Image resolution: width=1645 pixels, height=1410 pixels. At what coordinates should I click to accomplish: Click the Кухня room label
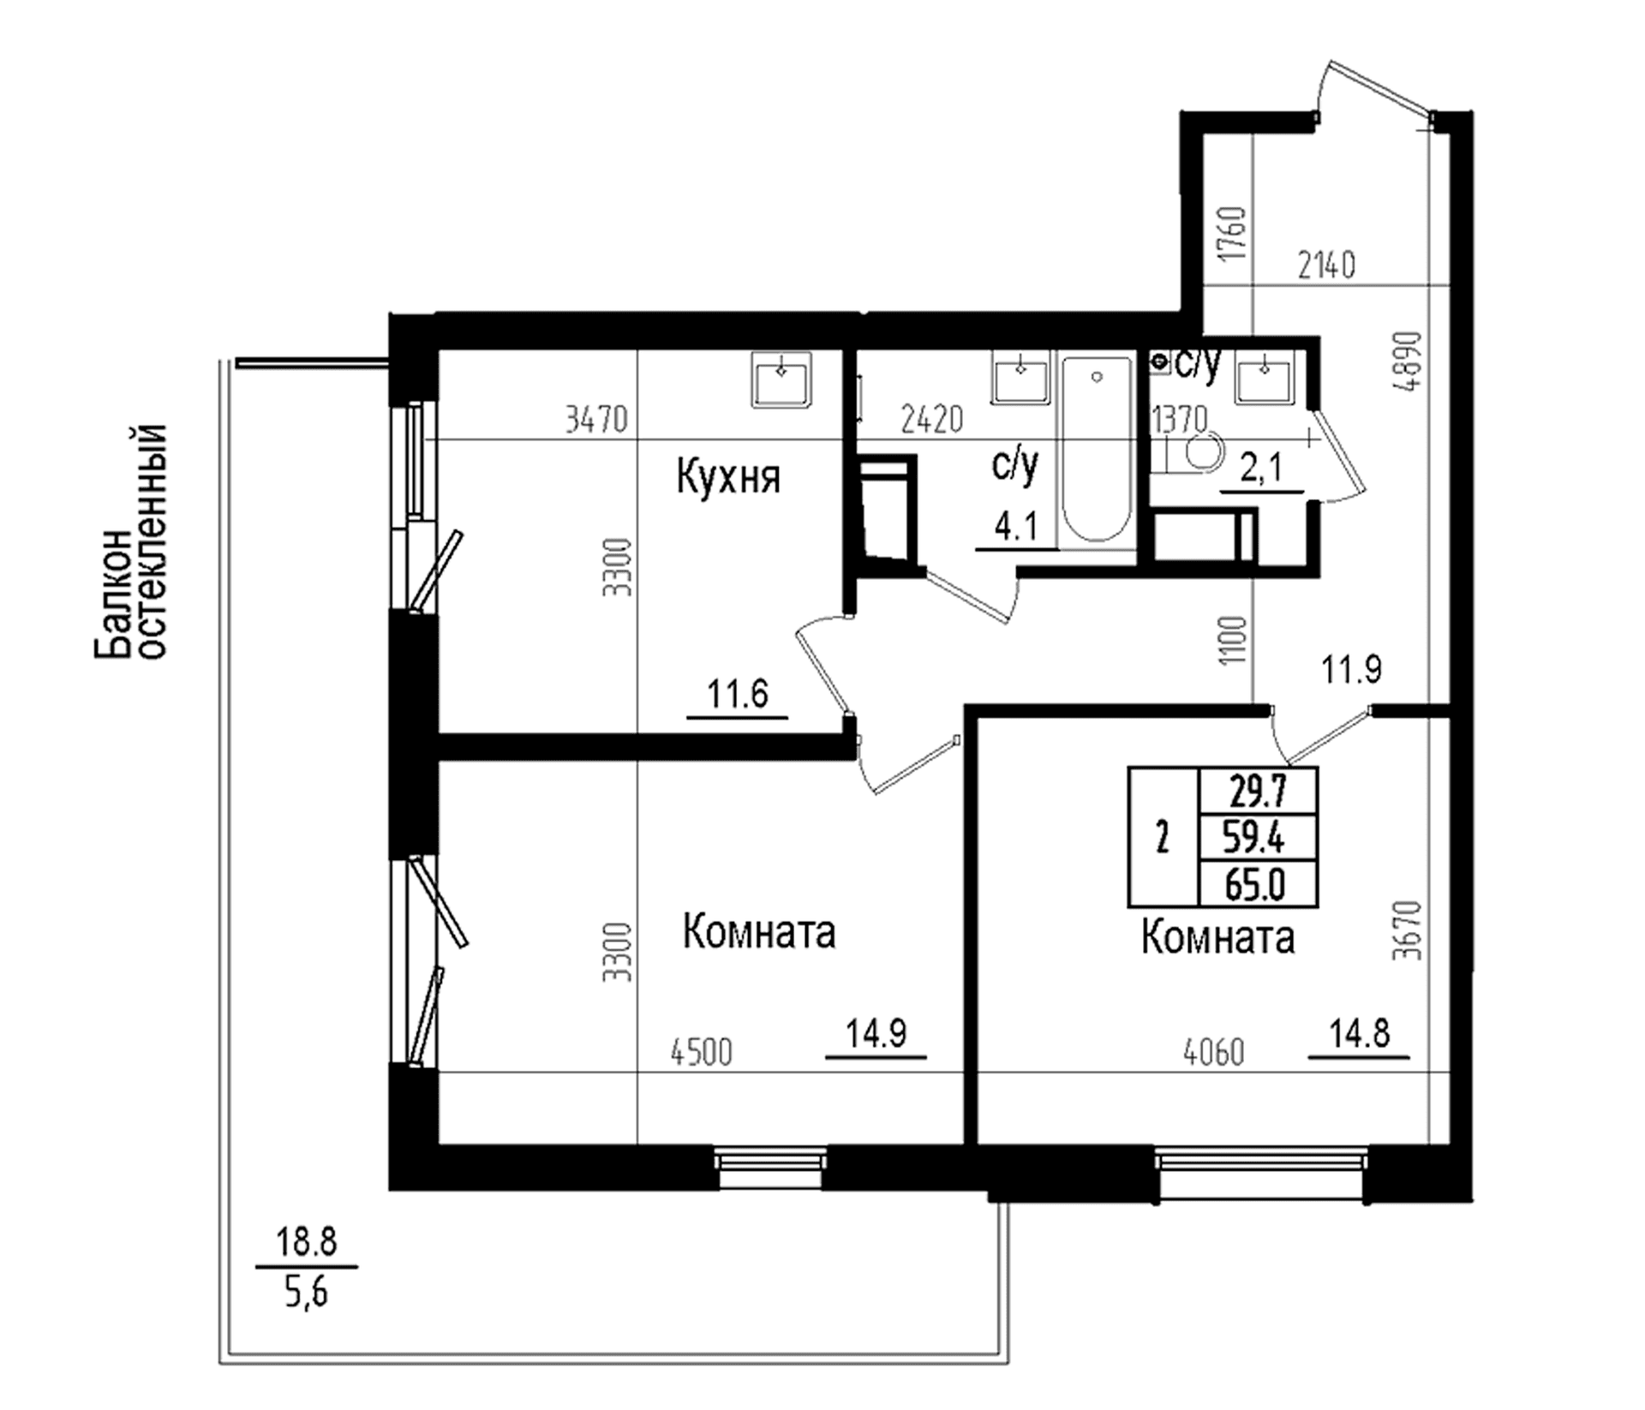click(x=728, y=477)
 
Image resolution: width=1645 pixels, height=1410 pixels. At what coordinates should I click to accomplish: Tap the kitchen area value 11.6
click(x=738, y=693)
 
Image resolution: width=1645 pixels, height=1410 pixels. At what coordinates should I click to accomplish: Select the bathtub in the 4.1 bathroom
click(x=1097, y=450)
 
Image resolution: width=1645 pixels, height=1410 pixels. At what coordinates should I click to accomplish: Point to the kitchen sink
click(x=781, y=379)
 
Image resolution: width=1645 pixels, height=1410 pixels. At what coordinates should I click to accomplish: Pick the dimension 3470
click(x=596, y=420)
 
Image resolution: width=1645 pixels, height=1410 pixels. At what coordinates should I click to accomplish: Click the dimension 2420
click(x=932, y=420)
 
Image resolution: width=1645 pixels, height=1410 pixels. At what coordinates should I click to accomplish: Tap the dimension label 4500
click(x=702, y=1053)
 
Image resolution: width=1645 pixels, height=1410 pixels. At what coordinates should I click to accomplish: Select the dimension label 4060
click(x=1213, y=1053)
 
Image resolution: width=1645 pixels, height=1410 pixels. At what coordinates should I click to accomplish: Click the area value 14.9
click(x=876, y=1034)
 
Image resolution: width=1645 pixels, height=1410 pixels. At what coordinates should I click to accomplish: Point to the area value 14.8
click(x=1359, y=1035)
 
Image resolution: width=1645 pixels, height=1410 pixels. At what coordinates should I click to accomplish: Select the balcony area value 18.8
click(x=306, y=1241)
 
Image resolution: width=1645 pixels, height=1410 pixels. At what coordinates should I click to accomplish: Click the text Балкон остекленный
click(x=129, y=541)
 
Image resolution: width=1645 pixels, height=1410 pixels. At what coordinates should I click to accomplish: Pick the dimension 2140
click(x=1326, y=266)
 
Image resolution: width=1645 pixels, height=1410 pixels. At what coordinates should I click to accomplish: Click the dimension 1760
click(x=1234, y=234)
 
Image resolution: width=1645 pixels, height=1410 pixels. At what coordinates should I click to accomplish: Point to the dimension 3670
click(x=1407, y=929)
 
